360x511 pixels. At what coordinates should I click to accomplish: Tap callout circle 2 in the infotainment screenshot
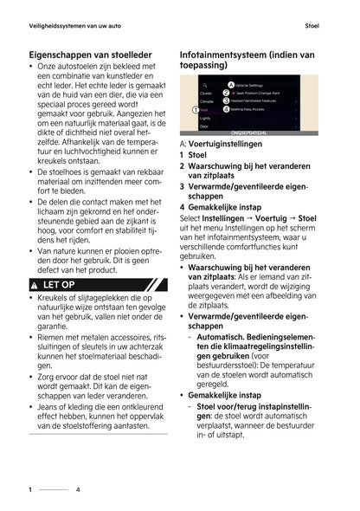pyautogui.click(x=226, y=92)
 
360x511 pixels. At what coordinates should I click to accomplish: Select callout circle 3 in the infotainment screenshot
pyautogui.click(x=226, y=101)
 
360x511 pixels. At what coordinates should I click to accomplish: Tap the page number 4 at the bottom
pyautogui.click(x=77, y=489)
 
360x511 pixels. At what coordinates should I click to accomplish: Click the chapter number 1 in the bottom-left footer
pyautogui.click(x=30, y=489)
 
